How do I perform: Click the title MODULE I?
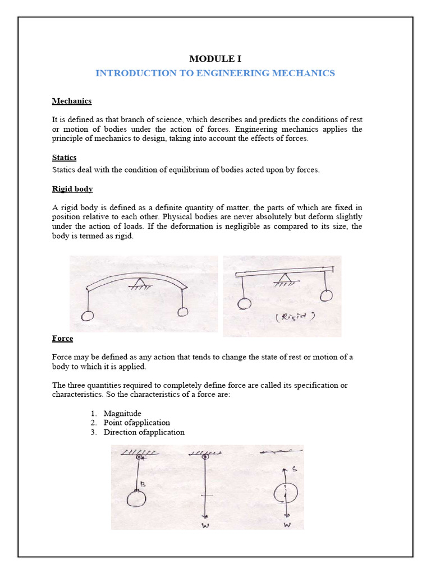pos(215,58)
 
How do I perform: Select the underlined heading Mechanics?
pos(72,101)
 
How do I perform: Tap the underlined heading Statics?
pos(64,158)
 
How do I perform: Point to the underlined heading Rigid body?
pos(72,189)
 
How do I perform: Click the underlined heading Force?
pos(62,339)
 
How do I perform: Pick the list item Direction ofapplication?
pos(144,432)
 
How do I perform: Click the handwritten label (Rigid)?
pos(296,316)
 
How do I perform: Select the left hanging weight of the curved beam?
pos(88,316)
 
